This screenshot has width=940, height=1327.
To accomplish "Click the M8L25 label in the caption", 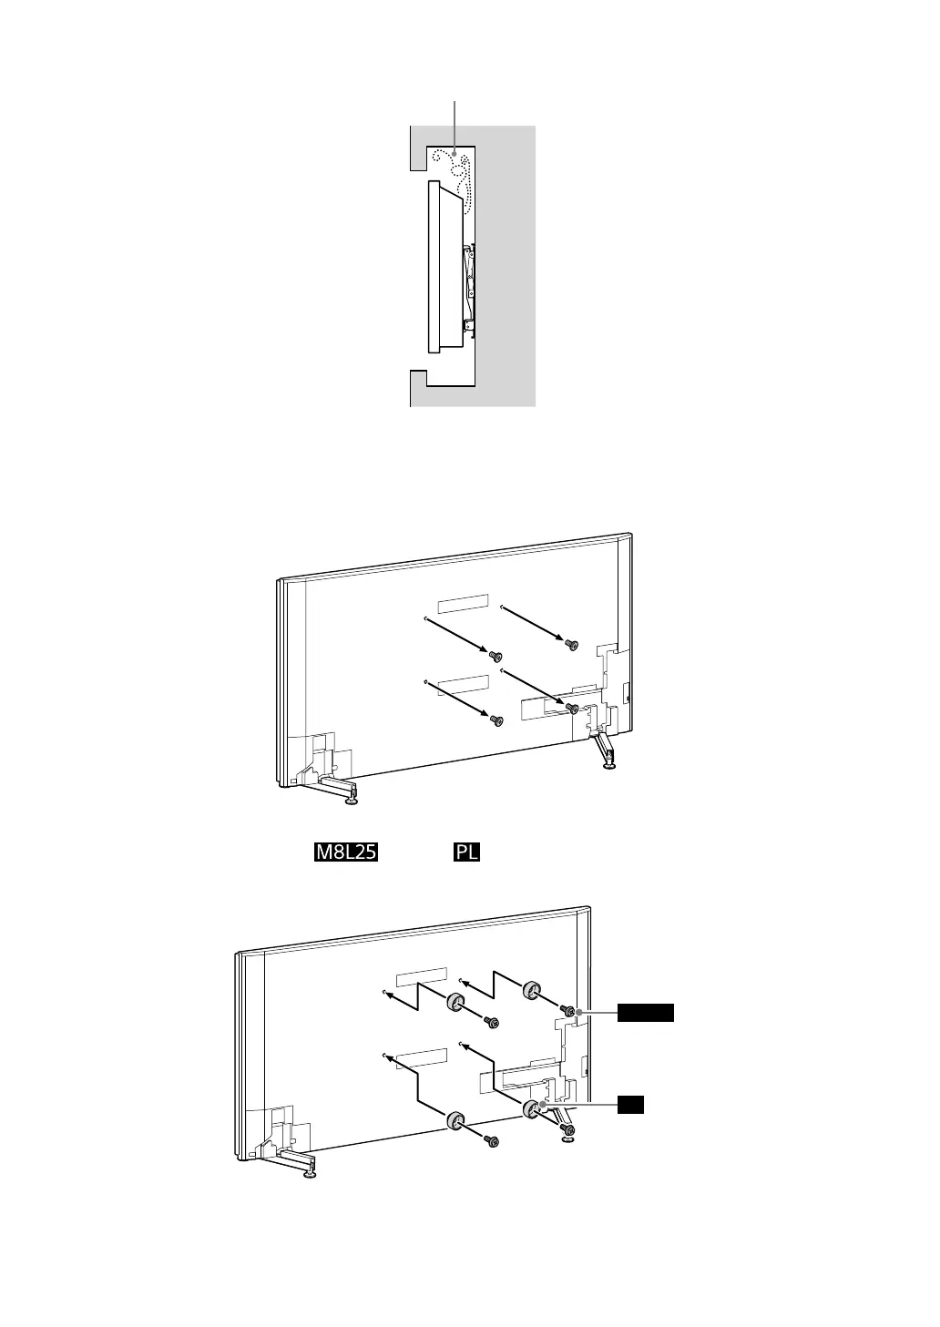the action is [x=346, y=852].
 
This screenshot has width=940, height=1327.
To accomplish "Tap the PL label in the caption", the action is [x=466, y=852].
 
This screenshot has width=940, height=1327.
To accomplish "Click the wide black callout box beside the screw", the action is [x=646, y=1012].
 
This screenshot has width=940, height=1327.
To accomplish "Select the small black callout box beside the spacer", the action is [x=630, y=1105].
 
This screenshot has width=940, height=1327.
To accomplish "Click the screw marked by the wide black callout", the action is [x=568, y=1011].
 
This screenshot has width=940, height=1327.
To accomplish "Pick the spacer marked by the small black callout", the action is [x=532, y=1108].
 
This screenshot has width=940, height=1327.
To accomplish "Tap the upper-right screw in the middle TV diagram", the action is [x=571, y=644].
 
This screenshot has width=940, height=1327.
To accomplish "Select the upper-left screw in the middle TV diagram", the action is [x=496, y=656].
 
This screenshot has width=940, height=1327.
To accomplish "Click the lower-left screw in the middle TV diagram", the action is [x=496, y=720].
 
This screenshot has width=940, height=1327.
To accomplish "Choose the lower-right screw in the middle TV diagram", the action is [x=572, y=707].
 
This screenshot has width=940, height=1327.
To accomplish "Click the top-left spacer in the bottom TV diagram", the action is [x=455, y=1003].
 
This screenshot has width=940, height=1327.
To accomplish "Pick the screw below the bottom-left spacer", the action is [x=493, y=1139].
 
